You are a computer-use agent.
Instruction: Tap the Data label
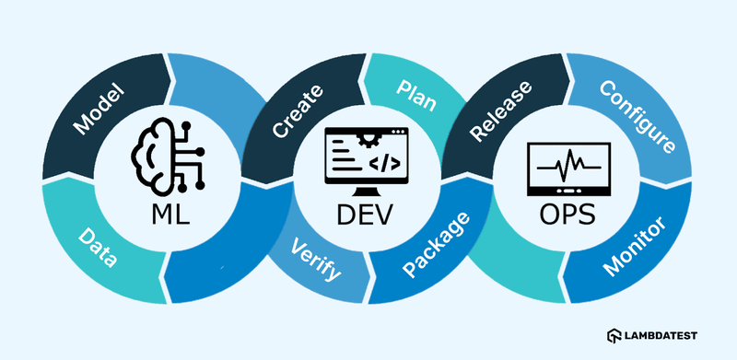99,247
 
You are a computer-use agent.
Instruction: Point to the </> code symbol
384,164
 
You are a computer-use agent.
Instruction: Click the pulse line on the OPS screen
565,168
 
